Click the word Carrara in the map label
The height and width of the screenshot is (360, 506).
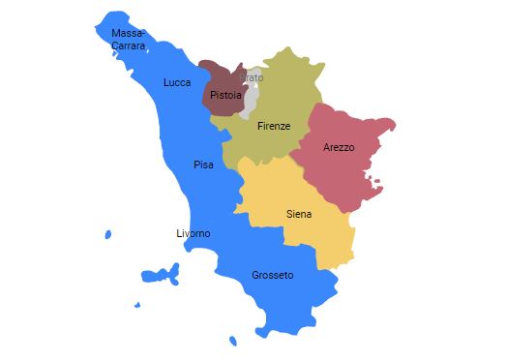(x=129, y=45)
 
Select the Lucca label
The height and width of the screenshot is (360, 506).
(x=177, y=82)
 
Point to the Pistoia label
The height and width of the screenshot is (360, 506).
(x=225, y=95)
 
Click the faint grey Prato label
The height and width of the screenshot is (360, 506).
(x=252, y=77)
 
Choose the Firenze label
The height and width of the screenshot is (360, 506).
(x=274, y=126)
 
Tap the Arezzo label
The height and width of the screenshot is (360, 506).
(x=339, y=147)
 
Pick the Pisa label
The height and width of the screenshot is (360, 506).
(x=203, y=165)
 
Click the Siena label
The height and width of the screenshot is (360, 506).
(x=299, y=214)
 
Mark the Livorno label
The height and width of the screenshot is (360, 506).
(x=193, y=233)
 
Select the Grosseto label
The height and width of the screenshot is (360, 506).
(x=272, y=275)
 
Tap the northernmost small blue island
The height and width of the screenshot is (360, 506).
(x=107, y=234)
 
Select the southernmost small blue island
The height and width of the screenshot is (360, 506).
(x=232, y=341)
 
